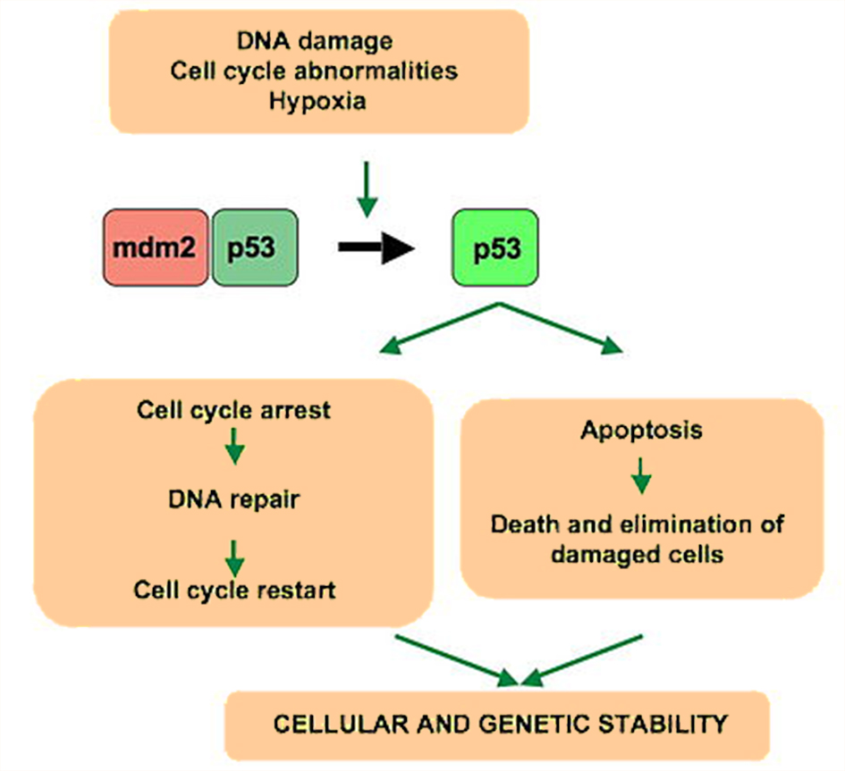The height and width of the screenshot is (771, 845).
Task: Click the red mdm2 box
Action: click(x=156, y=247)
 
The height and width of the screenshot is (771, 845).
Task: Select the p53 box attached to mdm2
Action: click(x=255, y=247)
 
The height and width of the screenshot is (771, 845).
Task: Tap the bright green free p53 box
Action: click(x=494, y=247)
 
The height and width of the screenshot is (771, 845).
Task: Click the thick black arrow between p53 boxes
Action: click(x=376, y=247)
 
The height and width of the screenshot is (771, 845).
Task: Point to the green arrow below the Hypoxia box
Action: click(x=367, y=189)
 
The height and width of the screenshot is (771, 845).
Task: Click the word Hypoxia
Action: click(x=317, y=102)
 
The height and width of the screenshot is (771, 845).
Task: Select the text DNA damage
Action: click(x=315, y=41)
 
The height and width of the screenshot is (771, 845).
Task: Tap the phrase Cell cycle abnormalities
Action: click(x=314, y=71)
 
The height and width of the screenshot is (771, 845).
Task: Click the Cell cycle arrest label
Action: click(x=233, y=410)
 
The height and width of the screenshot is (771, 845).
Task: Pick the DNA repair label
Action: click(x=234, y=499)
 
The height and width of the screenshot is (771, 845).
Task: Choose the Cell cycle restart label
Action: click(x=234, y=591)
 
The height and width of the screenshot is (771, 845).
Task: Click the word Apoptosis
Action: click(x=641, y=431)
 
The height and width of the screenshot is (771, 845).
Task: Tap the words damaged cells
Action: click(x=637, y=555)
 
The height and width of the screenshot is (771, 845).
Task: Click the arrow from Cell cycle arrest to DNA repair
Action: click(x=234, y=446)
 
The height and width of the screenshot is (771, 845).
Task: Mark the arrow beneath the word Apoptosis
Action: click(x=641, y=476)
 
